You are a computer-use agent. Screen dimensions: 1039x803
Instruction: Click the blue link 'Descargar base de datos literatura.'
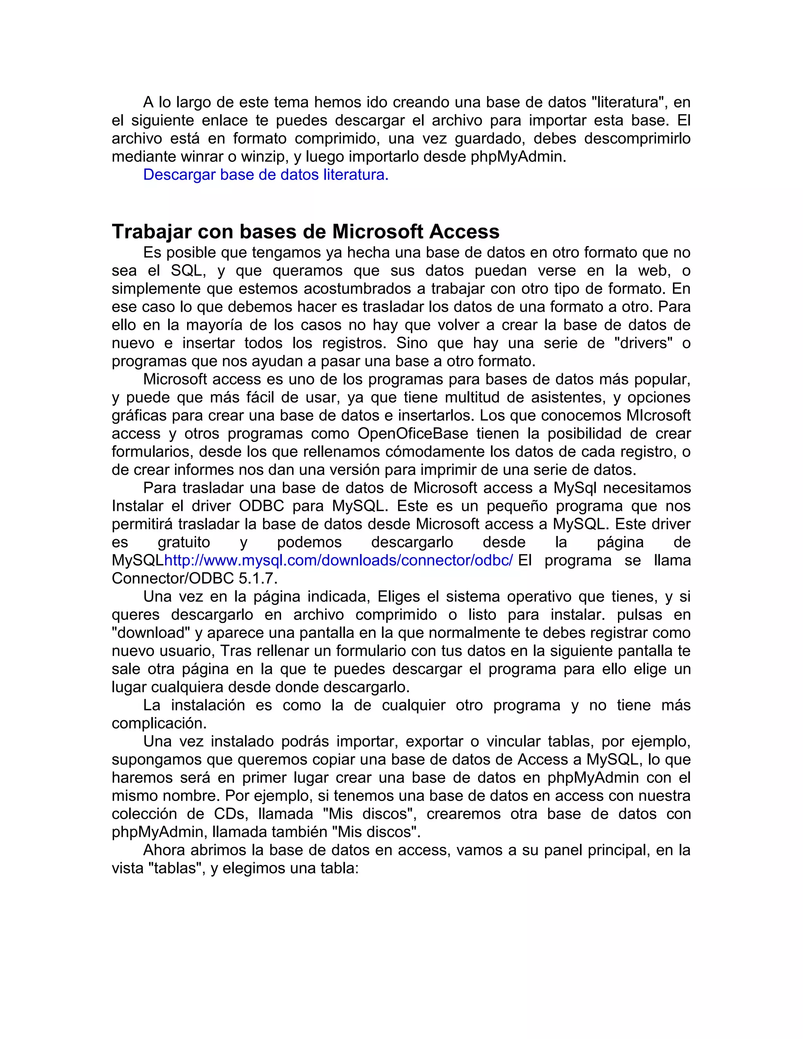pos(265,175)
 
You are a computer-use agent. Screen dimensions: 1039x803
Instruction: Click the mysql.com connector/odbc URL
pos(338,560)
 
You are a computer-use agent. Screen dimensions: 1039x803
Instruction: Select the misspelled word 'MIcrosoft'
pos(658,416)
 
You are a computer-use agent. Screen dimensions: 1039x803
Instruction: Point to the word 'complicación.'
pos(159,724)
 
